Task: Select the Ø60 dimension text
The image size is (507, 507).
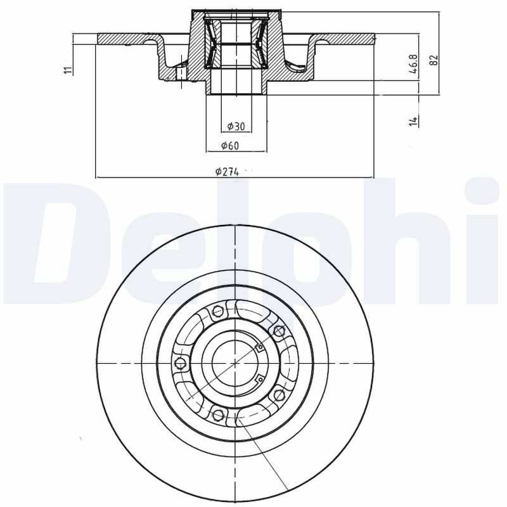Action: tap(229, 146)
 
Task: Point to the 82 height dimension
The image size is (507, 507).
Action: tap(433, 60)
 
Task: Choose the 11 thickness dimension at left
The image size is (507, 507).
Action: tap(68, 69)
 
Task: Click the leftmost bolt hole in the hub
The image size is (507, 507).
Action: tap(181, 363)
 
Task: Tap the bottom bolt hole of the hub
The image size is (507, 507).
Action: tap(219, 414)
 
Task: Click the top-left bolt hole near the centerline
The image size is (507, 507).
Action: tap(218, 311)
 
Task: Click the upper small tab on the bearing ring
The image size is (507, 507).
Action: tap(259, 346)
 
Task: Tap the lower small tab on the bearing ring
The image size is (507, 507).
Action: tap(259, 379)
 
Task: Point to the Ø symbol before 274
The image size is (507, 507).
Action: tap(218, 171)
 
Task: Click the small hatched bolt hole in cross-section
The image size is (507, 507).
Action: tap(180, 72)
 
